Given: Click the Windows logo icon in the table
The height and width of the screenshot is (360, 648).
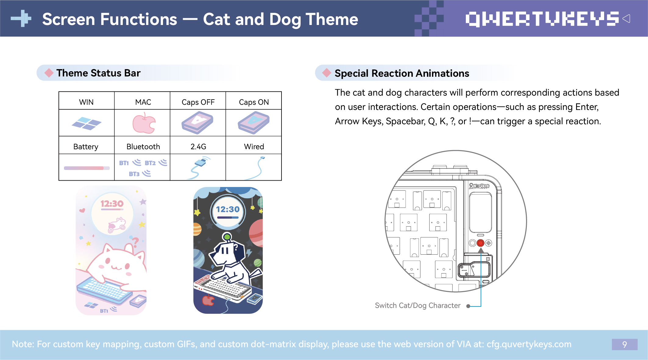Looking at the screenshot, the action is pyautogui.click(x=87, y=123).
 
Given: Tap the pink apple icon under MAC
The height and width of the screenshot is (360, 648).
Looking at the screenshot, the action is pyautogui.click(x=144, y=123).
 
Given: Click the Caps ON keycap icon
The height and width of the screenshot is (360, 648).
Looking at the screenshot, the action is pyautogui.click(x=253, y=123).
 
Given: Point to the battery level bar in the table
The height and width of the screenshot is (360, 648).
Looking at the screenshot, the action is pyautogui.click(x=87, y=168).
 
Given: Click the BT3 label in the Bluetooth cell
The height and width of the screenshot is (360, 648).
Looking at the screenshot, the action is pyautogui.click(x=134, y=174).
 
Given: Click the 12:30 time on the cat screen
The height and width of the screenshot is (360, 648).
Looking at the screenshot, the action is pyautogui.click(x=112, y=203).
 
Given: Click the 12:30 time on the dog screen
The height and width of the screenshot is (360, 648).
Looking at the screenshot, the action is pyautogui.click(x=228, y=209).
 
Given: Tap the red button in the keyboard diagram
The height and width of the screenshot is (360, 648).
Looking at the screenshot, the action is pyautogui.click(x=480, y=243).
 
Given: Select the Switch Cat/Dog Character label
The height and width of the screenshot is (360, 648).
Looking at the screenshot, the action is pyautogui.click(x=418, y=305).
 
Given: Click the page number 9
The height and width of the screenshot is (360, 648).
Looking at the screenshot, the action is pyautogui.click(x=625, y=344).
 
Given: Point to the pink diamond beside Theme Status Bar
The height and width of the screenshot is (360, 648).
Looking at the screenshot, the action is pyautogui.click(x=49, y=73).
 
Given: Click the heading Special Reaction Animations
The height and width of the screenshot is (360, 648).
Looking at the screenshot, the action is pyautogui.click(x=402, y=73).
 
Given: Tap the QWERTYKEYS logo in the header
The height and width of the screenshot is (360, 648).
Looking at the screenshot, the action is pyautogui.click(x=542, y=19).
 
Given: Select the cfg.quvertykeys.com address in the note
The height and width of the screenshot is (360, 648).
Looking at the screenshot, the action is pyautogui.click(x=529, y=344).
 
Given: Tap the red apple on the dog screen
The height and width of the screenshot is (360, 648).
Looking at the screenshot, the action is pyautogui.click(x=208, y=300).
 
